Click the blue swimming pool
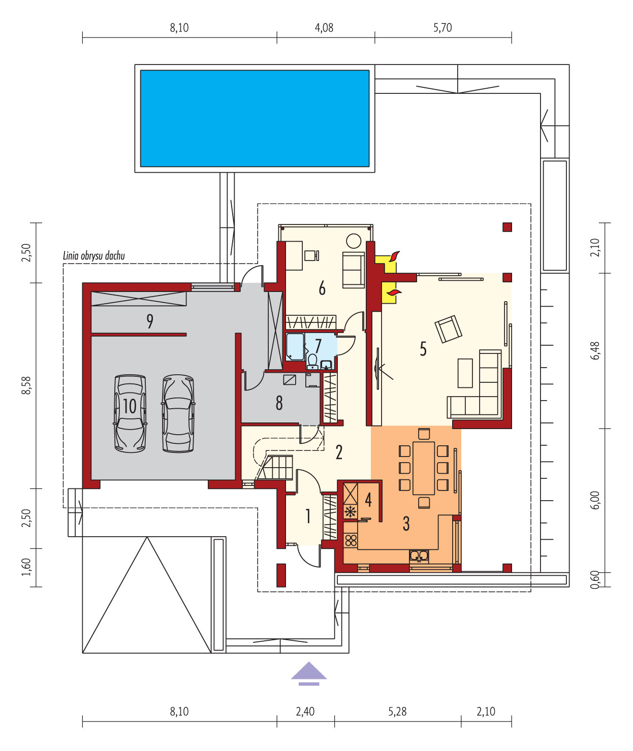click(x=255, y=118)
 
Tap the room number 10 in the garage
click(x=130, y=406)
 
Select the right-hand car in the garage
click(x=178, y=414)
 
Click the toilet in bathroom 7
click(x=312, y=361)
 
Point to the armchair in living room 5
click(x=448, y=329)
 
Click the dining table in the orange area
click(x=424, y=468)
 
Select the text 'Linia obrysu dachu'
click(x=94, y=256)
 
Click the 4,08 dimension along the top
click(x=324, y=28)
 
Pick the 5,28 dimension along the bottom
click(x=397, y=711)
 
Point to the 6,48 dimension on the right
click(x=595, y=351)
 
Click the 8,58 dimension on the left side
click(x=26, y=385)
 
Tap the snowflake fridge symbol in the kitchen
click(x=350, y=511)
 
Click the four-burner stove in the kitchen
click(x=351, y=540)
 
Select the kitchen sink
click(x=419, y=556)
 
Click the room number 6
click(x=322, y=288)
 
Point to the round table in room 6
click(x=354, y=241)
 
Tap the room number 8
click(x=279, y=403)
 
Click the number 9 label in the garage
click(x=150, y=321)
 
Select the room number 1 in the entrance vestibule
click(x=308, y=516)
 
